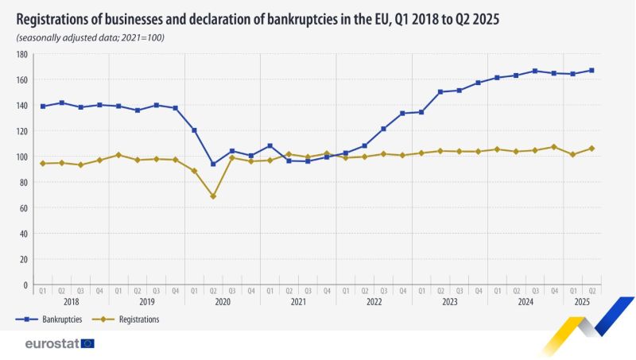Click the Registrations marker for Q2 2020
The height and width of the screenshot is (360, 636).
click(213, 196)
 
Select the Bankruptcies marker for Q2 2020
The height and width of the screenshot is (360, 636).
click(213, 165)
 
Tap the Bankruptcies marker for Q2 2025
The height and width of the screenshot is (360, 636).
click(591, 71)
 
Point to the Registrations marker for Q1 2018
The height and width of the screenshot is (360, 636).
click(42, 164)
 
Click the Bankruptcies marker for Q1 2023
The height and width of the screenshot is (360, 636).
click(421, 112)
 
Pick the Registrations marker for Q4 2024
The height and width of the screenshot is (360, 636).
click(554, 147)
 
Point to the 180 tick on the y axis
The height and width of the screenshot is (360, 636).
click(22, 55)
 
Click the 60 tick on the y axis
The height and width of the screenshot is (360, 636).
click(24, 208)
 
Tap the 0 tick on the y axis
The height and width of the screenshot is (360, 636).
click(26, 285)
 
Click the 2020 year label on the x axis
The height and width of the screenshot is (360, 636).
click(223, 302)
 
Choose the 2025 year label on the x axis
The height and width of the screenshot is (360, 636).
click(582, 302)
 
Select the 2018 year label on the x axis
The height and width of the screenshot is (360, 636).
click(71, 302)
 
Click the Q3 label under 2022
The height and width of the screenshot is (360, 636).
click(383, 291)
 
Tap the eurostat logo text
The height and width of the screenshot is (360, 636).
click(51, 343)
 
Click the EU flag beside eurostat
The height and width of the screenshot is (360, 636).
click(87, 343)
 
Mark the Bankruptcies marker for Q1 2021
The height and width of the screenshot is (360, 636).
click(270, 146)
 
